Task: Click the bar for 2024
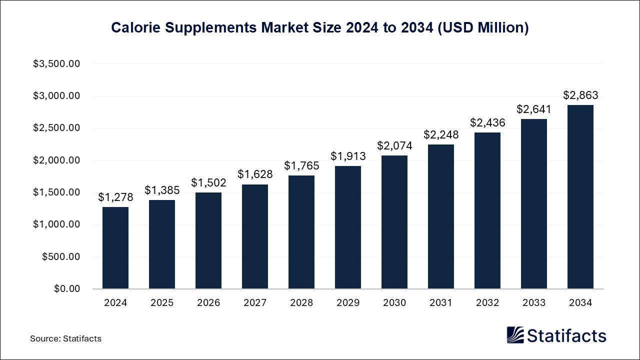tap(115, 248)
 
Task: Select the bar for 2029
tap(348, 227)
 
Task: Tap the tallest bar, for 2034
tap(580, 197)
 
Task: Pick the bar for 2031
tap(441, 216)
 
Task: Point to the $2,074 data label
tap(394, 145)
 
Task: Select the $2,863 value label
tap(580, 95)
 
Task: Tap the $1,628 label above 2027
tap(255, 174)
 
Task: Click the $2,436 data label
tap(487, 122)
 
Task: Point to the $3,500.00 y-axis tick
tap(56, 64)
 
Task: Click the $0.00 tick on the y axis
tap(66, 289)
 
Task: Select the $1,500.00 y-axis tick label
tap(56, 192)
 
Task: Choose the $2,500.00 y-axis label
tap(56, 128)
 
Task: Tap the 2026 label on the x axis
tap(208, 303)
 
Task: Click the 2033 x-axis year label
tap(534, 303)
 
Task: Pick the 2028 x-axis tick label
tap(301, 303)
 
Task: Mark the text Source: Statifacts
tap(65, 338)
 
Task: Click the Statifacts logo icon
tap(515, 335)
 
